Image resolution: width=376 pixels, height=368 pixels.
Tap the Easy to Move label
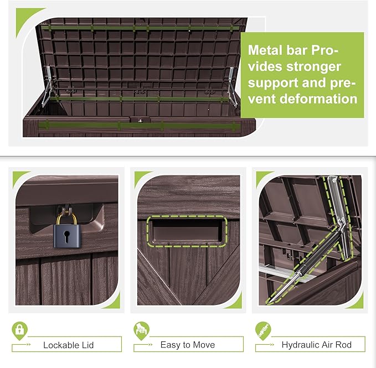pyautogui.click(x=188, y=345)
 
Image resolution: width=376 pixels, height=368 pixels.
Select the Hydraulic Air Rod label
pyautogui.click(x=316, y=345)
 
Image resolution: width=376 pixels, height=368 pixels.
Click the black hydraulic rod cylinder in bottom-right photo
pyautogui.click(x=293, y=282)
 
